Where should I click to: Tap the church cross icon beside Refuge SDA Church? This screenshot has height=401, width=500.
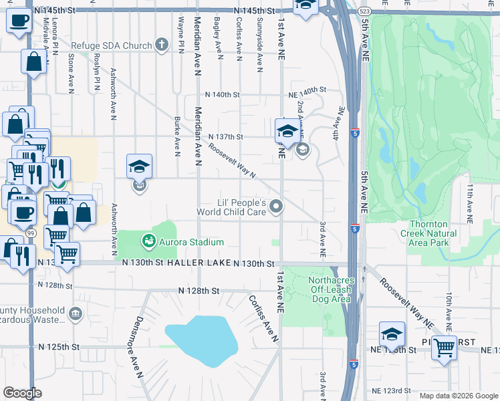(x=161, y=45)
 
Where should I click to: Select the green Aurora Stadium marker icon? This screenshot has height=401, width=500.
(x=148, y=240)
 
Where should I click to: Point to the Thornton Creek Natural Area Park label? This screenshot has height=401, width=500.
(x=428, y=234)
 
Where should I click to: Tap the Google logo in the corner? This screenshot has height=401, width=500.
(x=22, y=392)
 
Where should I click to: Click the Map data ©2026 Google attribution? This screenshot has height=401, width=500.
(x=457, y=396)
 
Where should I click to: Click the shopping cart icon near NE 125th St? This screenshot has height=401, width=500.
(x=443, y=348)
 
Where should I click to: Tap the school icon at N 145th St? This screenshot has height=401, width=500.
(x=306, y=5)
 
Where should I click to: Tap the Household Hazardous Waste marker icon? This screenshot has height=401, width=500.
(x=76, y=313)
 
